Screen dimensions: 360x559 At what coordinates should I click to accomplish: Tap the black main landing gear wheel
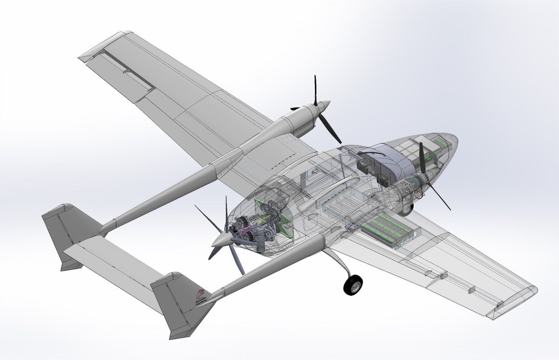click(x=354, y=285)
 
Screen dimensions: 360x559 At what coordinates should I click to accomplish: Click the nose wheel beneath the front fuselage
click(x=406, y=208)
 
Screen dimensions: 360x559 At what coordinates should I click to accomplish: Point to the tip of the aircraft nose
click(x=456, y=138)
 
